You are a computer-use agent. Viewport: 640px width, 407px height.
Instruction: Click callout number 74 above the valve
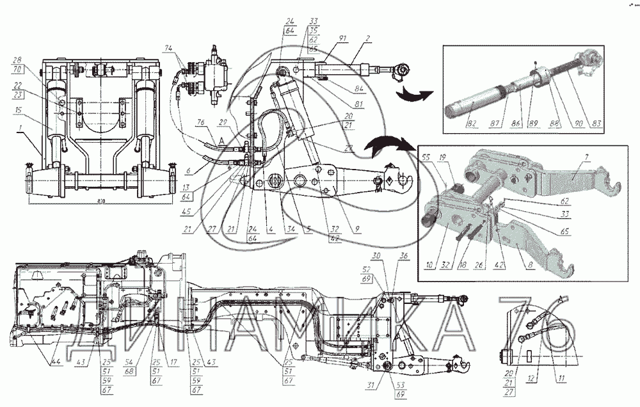tap(168, 48)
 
